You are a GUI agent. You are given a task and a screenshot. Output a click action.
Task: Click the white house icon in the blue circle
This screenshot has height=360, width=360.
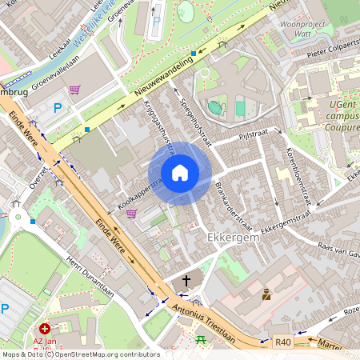pos(180,173)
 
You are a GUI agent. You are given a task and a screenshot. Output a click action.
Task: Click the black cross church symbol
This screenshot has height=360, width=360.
pos(186,281)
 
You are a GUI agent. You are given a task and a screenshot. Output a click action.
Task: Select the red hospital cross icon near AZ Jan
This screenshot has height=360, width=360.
pos(45,328)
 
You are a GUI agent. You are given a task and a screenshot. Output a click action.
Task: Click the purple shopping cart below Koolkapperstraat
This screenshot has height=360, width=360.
pos(131,214)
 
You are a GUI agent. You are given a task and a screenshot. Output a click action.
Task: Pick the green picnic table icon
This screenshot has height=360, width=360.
pos(201,339)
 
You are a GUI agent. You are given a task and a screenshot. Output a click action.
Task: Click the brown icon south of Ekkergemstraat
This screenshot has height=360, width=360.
pos(266,294)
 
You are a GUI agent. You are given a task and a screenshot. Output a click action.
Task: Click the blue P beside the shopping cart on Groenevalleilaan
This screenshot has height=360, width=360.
pos(56,107)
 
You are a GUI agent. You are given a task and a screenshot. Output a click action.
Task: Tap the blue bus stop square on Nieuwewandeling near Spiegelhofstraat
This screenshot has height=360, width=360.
pos(194,54)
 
